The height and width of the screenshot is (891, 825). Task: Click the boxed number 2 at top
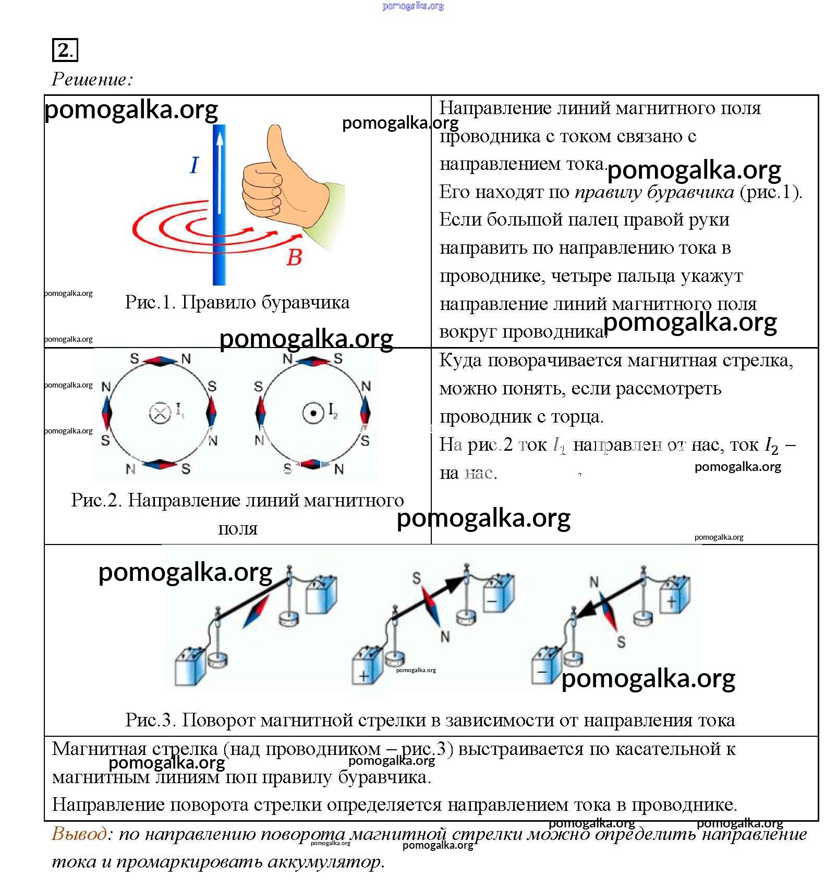pyautogui.click(x=65, y=50)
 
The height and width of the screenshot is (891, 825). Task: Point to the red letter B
pyautogui.click(x=294, y=257)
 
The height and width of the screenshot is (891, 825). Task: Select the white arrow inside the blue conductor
pyautogui.click(x=220, y=172)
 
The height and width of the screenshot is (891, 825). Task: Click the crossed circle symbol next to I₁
pyautogui.click(x=160, y=413)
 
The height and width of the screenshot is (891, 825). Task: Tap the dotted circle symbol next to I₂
pyautogui.click(x=313, y=413)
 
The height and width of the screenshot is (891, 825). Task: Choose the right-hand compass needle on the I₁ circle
pyautogui.click(x=211, y=412)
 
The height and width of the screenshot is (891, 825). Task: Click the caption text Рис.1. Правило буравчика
pyautogui.click(x=237, y=302)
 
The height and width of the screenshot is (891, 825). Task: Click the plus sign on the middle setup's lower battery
pyautogui.click(x=364, y=676)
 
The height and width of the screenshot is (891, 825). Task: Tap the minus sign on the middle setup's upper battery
pyautogui.click(x=492, y=601)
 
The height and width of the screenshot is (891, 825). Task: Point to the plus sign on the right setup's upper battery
pyautogui.click(x=671, y=602)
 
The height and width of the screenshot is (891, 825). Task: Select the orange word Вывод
pyautogui.click(x=79, y=834)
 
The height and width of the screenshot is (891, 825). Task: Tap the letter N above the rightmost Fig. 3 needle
pyautogui.click(x=594, y=581)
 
